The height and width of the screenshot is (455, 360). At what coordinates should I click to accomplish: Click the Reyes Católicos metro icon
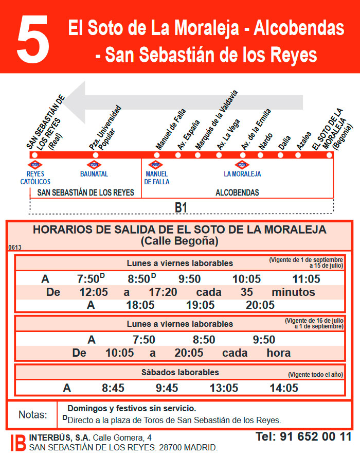pos(35,165)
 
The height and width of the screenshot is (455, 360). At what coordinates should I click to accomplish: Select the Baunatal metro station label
pos(94,174)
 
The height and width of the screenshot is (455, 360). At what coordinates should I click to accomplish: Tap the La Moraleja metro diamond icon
pos(242,165)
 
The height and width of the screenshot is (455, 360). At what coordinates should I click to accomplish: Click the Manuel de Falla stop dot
pos(157,155)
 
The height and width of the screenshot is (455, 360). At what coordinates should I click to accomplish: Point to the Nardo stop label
pos(265,142)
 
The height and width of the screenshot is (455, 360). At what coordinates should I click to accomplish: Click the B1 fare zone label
pos(181,207)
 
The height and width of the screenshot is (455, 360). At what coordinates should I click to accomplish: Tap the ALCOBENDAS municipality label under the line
pos(237,192)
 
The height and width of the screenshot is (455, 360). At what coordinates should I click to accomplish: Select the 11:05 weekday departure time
pos(307,279)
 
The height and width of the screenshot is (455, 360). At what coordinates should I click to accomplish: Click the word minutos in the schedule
pos(293,292)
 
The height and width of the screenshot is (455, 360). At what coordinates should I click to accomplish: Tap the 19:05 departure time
pos(200,305)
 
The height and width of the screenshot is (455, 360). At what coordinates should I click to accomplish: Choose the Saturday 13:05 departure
pos(224,388)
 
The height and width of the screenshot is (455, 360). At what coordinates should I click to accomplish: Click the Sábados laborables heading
pos(180,372)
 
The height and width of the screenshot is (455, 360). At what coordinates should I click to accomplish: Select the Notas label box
pos(32,414)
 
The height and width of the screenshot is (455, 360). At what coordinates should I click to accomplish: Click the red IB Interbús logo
pos(18,443)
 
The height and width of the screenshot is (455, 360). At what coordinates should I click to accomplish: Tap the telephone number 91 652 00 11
pos(303,437)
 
